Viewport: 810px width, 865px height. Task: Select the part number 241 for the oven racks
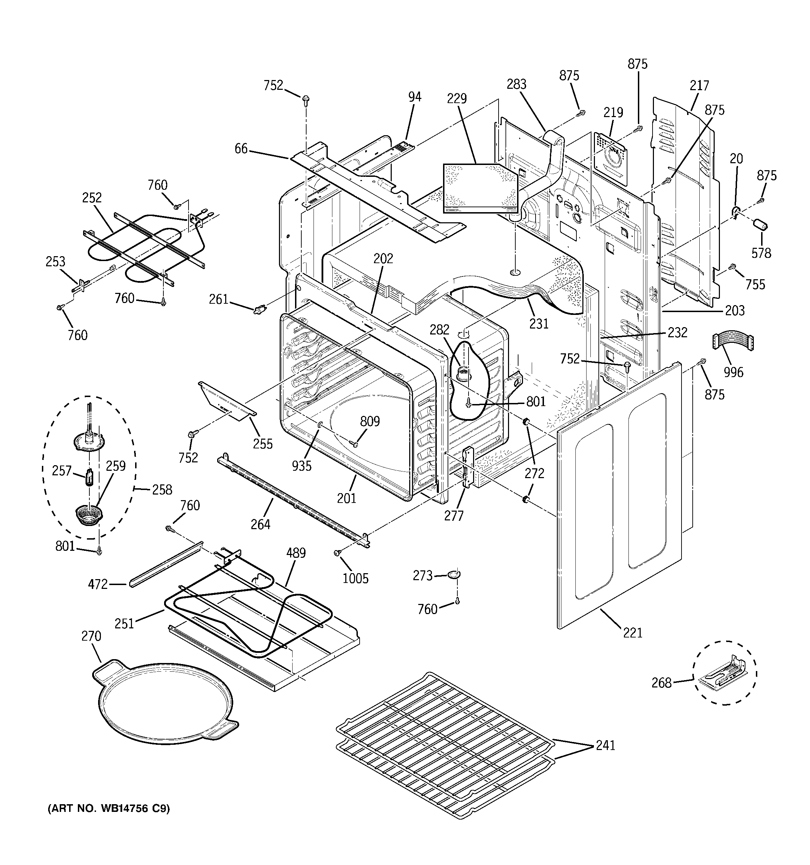(605, 745)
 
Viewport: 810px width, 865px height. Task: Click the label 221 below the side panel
(633, 633)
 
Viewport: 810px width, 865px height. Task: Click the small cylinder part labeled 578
(760, 226)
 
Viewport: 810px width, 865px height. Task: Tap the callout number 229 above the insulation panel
(457, 99)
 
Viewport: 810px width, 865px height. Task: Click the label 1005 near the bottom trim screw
(355, 578)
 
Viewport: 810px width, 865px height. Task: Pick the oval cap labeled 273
(454, 575)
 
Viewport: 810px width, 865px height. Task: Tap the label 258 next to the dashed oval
(162, 490)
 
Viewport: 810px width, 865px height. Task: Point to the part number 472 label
(98, 584)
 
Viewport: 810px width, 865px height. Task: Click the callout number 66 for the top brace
(241, 149)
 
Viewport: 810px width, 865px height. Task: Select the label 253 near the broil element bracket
(56, 261)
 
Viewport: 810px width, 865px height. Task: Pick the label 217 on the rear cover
(699, 85)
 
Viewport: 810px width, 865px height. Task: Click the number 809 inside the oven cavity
(370, 421)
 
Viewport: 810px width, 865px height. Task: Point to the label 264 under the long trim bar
(260, 524)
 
